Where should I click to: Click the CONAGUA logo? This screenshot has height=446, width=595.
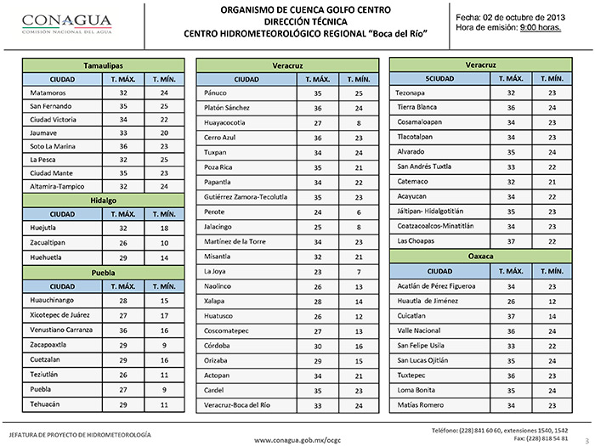57,23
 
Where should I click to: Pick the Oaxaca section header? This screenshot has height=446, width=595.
482,255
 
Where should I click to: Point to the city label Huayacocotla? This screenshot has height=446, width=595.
225,122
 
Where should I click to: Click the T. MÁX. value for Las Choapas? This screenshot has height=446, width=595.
511,240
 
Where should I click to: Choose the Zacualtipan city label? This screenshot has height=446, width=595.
48,242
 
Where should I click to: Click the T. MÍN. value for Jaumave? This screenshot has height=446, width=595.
163,133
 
